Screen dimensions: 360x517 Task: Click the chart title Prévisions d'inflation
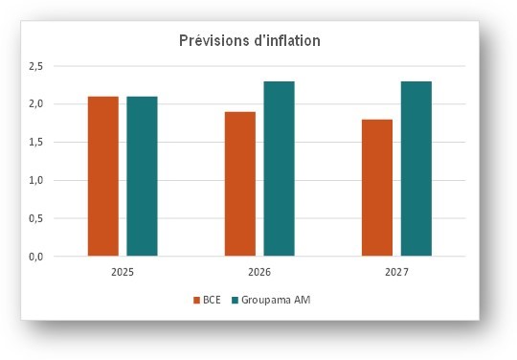(x=250, y=41)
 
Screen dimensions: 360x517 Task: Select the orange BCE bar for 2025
(x=102, y=176)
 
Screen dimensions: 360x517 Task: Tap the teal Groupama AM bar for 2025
(x=142, y=176)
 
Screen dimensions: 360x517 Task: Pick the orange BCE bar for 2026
(x=239, y=184)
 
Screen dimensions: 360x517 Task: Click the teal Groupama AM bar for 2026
(x=279, y=169)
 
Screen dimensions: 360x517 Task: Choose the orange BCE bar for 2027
(x=376, y=188)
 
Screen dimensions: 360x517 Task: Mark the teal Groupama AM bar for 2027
(x=416, y=169)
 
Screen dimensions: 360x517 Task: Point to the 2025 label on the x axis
(x=122, y=273)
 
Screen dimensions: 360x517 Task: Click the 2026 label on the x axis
(x=259, y=273)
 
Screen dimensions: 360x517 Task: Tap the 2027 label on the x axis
(x=396, y=273)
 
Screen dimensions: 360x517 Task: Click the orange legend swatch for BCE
(x=195, y=301)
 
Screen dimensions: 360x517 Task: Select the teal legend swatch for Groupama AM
(x=234, y=301)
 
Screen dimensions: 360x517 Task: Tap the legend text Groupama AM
(x=276, y=301)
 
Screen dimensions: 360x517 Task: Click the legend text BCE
(x=211, y=301)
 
